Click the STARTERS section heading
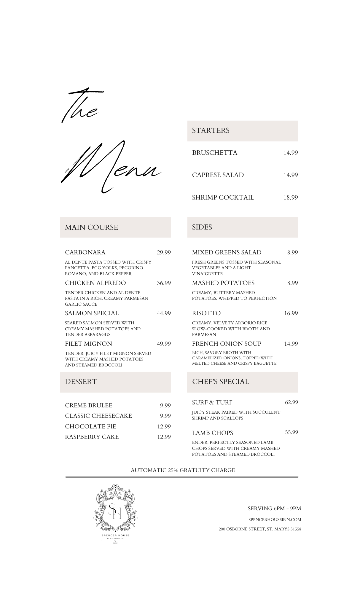(x=211, y=130)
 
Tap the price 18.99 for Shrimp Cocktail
(x=290, y=197)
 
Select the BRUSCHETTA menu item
(x=214, y=153)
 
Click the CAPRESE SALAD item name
(x=218, y=175)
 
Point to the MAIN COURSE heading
(x=91, y=227)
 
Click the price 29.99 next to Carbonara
(x=164, y=252)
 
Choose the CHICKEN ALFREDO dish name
(x=95, y=283)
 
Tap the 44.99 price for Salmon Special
(x=164, y=313)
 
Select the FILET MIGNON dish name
(x=88, y=344)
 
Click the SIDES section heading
(x=202, y=227)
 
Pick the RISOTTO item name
(x=206, y=313)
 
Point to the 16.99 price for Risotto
(x=291, y=313)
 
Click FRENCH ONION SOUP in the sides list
(x=227, y=344)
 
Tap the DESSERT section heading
(x=81, y=382)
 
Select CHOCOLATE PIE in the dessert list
(x=90, y=426)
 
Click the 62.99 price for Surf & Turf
(x=291, y=402)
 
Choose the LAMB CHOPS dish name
(x=212, y=433)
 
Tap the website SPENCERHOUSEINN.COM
(x=275, y=519)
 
